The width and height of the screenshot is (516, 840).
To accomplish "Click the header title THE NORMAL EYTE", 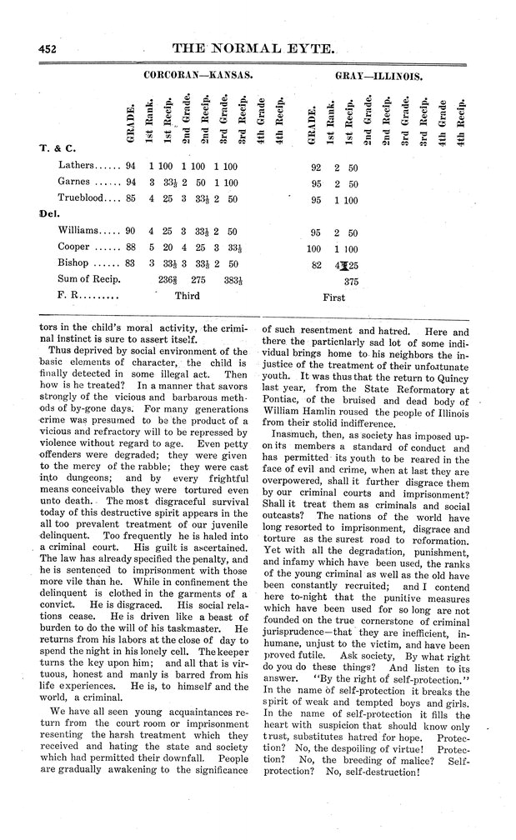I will [258, 49].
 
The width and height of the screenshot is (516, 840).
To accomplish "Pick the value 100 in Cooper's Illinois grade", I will [313, 247].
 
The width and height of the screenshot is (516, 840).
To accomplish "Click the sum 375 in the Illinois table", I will [350, 282].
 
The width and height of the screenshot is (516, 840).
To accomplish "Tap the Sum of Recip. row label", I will [88, 280].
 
